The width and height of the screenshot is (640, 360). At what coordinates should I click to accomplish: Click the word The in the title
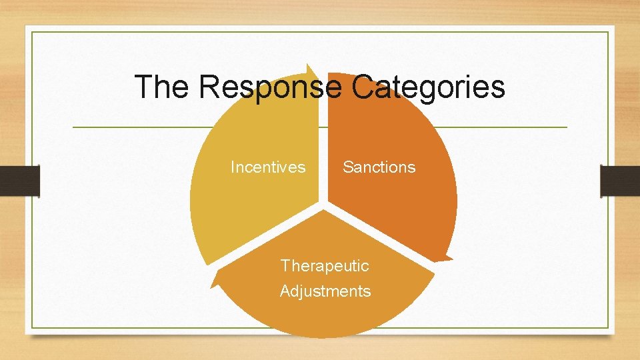coord(161,87)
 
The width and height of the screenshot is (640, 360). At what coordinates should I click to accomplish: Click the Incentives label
coord(268,167)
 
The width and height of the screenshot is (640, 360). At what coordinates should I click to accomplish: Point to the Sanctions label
coord(379,167)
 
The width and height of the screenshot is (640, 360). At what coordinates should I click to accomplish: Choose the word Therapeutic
coord(325,266)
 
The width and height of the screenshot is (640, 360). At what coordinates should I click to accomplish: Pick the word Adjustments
coord(325,291)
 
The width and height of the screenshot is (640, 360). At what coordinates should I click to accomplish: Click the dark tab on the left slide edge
coord(19,180)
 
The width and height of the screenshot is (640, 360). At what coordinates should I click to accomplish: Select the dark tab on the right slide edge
coord(620,180)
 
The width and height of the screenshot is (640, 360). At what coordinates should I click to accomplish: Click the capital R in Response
coord(209,87)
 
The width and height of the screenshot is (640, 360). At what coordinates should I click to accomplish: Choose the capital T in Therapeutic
coord(285,266)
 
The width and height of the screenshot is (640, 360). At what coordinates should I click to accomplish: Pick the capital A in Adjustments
coord(285,291)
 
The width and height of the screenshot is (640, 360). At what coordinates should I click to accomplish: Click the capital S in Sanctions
coord(348,167)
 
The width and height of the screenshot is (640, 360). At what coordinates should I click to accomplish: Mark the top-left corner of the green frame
coord(31,32)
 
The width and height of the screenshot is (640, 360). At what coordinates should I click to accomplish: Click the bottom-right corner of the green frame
coord(608,327)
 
